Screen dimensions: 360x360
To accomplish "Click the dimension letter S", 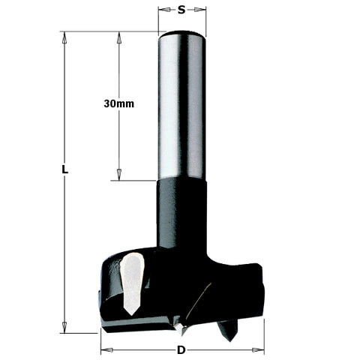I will [x=181, y=10].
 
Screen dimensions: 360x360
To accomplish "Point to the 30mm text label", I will [x=118, y=104].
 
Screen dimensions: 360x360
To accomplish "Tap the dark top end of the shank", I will [x=182, y=34].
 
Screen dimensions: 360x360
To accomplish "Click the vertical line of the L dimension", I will [x=65, y=247].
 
